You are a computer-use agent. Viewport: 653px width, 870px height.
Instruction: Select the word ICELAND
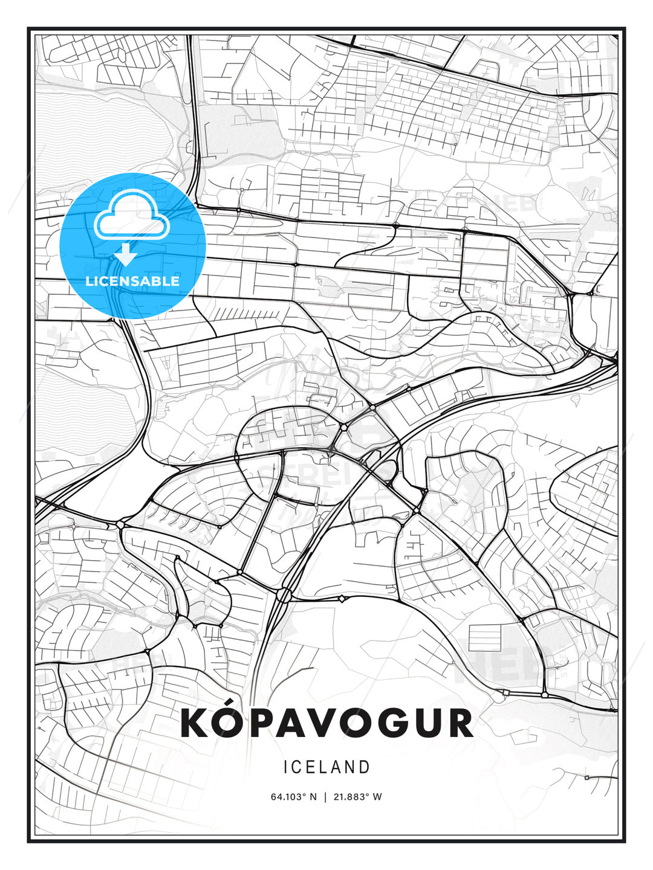coord(326,767)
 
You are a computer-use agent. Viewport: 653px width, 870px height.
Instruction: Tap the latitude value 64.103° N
coord(293,796)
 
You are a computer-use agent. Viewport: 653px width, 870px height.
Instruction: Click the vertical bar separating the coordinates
coord(326,796)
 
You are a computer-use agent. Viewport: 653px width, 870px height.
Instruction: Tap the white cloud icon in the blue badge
coord(132,216)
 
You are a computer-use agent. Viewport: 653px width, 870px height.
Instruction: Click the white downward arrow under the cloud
coord(126,254)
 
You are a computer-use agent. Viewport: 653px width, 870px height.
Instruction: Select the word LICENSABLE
coord(132,281)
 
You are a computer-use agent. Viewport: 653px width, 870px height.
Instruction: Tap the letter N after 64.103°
coord(313,796)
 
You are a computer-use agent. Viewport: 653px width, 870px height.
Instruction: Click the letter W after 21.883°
coord(377,796)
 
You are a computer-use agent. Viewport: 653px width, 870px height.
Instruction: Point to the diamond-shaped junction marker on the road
coord(342,598)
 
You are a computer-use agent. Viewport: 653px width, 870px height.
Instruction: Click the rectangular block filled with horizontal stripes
coord(485,637)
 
